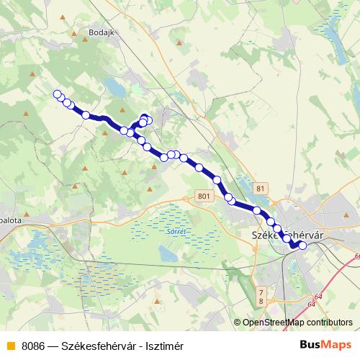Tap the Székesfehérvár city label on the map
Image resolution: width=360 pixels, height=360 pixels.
pos(286,235)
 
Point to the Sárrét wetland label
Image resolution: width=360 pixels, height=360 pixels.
pos(176,231)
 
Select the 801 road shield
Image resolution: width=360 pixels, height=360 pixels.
pos(204,196)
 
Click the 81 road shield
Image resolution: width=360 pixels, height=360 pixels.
pos(261,189)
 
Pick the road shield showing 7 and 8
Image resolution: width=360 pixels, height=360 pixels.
pos(261,295)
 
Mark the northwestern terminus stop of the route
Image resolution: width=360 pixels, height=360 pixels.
pos(57,94)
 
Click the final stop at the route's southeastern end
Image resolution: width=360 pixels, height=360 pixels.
pos(302,246)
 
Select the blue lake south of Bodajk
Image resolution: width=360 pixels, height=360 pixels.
pos(115,87)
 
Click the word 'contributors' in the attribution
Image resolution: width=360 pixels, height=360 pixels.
pos(330,323)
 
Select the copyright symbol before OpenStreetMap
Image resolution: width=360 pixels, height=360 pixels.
pos(237,323)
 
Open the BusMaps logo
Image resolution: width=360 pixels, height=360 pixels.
pos(325,345)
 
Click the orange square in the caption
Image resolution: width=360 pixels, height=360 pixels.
pos(9,346)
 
